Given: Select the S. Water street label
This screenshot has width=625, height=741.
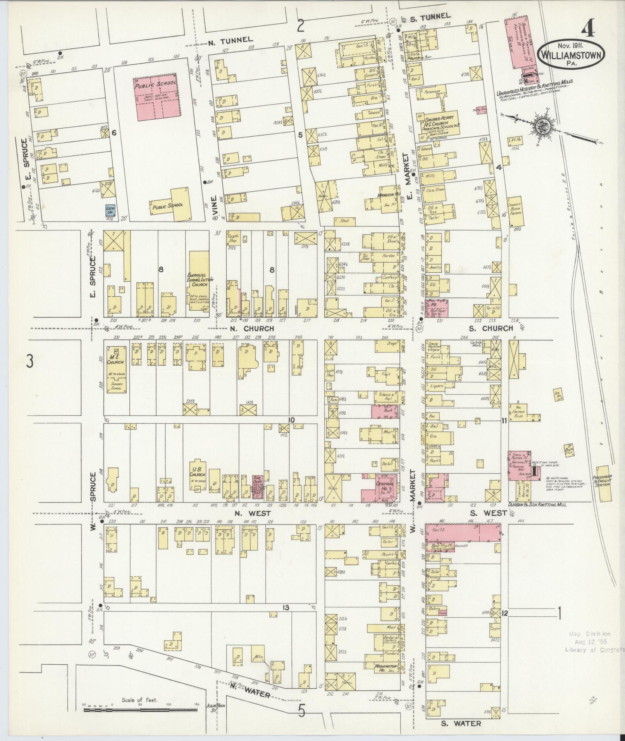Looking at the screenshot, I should (461, 723).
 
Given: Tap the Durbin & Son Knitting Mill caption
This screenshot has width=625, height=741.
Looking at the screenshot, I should (537, 505).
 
